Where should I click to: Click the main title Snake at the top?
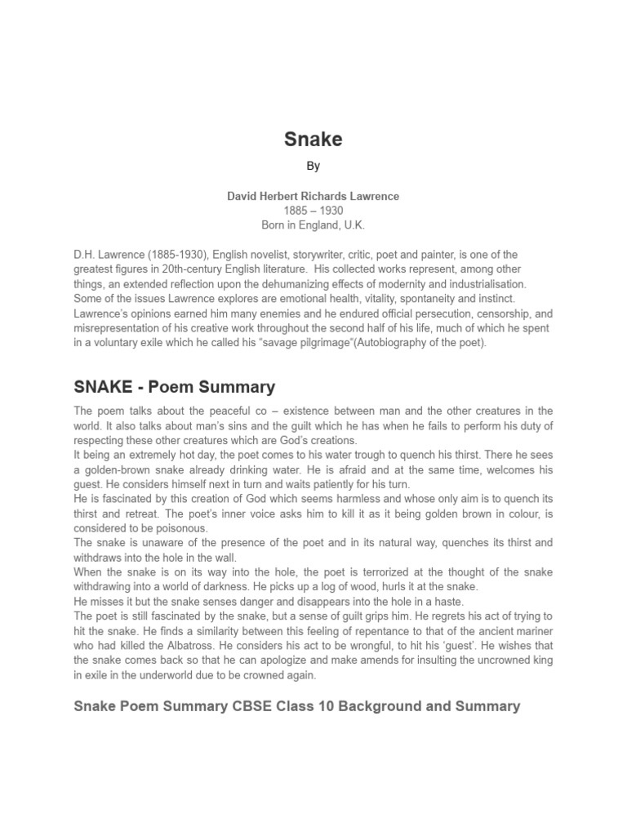[313, 140]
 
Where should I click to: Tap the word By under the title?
[313, 166]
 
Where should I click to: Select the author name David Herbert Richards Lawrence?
[313, 197]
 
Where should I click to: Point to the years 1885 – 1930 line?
[313, 211]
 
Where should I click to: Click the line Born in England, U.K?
[313, 225]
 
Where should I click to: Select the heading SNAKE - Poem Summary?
[175, 387]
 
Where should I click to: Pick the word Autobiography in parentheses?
[411, 343]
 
